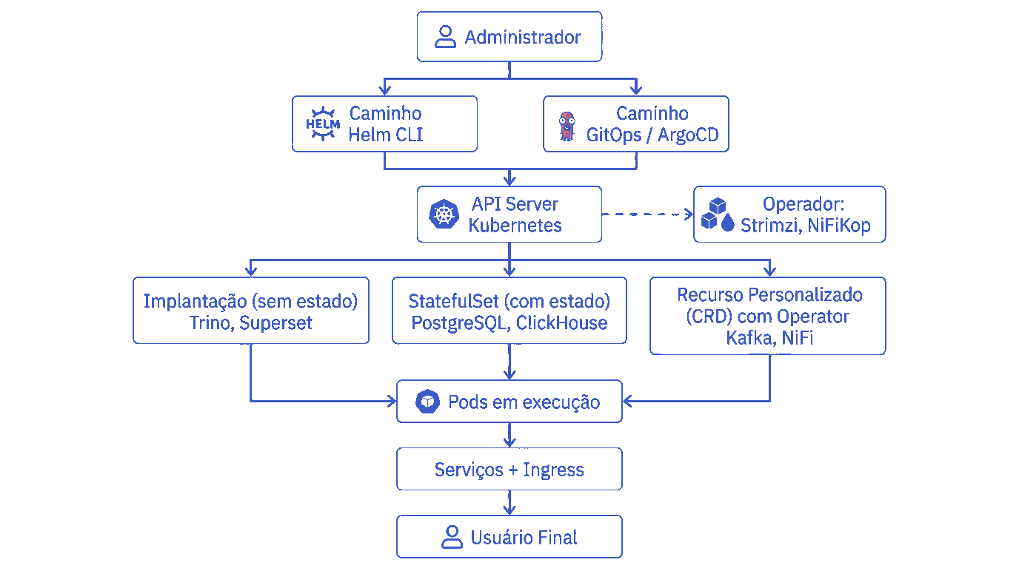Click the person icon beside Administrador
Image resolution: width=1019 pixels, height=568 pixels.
[x=445, y=37]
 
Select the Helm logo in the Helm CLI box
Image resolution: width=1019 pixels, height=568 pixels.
[x=323, y=124]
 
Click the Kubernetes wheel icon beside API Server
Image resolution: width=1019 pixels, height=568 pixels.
[x=444, y=215]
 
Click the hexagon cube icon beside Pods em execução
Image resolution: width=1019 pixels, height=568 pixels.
[x=428, y=402]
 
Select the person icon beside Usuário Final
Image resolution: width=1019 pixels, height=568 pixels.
[x=451, y=537]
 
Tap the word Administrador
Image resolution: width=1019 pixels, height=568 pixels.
[x=523, y=37]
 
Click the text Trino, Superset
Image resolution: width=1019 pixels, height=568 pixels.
[x=251, y=323]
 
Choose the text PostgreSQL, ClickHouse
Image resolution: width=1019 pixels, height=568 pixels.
[x=509, y=323]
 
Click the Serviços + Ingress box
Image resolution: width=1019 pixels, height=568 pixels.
[x=509, y=470]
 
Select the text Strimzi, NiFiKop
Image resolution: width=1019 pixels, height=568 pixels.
[x=806, y=226]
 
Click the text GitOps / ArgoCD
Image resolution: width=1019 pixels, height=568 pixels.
[x=652, y=135]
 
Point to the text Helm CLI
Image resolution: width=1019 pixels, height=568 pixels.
[x=386, y=135]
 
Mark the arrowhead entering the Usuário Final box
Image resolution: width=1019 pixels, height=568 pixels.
[x=509, y=510]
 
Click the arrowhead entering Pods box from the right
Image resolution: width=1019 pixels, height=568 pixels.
[x=628, y=402]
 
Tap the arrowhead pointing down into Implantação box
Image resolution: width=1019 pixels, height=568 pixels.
[x=251, y=271]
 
